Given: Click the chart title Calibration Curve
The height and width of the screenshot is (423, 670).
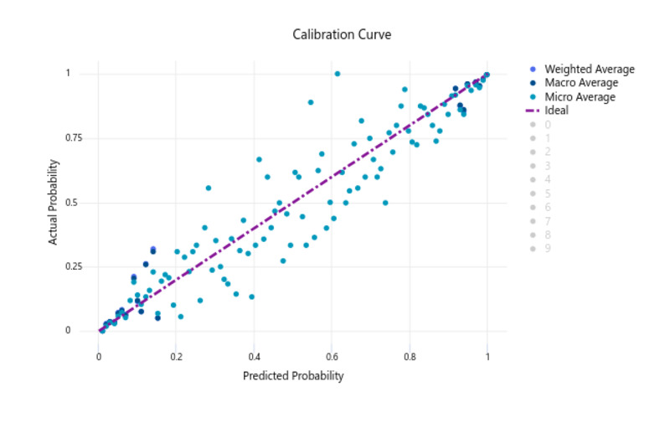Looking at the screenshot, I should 342,34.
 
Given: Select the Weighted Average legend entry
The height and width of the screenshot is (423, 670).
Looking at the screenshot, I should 589,69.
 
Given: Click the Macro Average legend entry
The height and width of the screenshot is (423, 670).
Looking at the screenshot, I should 580,83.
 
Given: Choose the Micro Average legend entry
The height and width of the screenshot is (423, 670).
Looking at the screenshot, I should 580,97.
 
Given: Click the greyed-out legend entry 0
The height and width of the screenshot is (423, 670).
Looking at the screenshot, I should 548,125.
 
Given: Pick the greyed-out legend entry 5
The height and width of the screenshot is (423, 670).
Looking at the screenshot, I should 548,193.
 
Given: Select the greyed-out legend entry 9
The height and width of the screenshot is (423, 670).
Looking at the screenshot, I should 548,249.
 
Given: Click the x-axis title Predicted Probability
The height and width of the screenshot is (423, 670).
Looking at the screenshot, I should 293,376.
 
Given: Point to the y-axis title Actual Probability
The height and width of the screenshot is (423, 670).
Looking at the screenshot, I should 54,203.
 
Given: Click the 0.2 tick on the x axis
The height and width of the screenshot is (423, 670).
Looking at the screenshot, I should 177,356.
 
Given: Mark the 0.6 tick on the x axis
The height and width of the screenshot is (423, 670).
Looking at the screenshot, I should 332,356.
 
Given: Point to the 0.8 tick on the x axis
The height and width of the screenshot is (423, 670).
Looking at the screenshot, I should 410,356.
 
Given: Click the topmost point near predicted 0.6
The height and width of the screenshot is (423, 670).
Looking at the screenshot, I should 338,74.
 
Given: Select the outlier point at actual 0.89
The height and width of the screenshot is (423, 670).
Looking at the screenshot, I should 311,102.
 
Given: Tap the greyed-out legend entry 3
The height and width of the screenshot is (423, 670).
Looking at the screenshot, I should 548,166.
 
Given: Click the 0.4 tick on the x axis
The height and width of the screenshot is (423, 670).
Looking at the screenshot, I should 255,356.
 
